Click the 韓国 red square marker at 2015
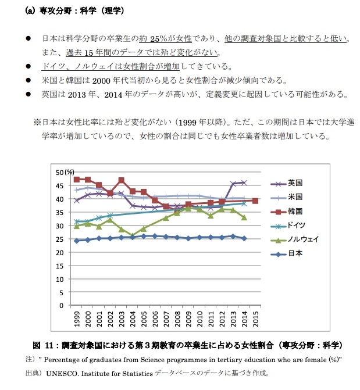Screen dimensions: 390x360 tap(255, 201)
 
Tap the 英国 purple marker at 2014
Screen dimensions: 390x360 tap(244, 183)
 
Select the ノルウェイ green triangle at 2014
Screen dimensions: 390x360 tap(244, 217)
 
